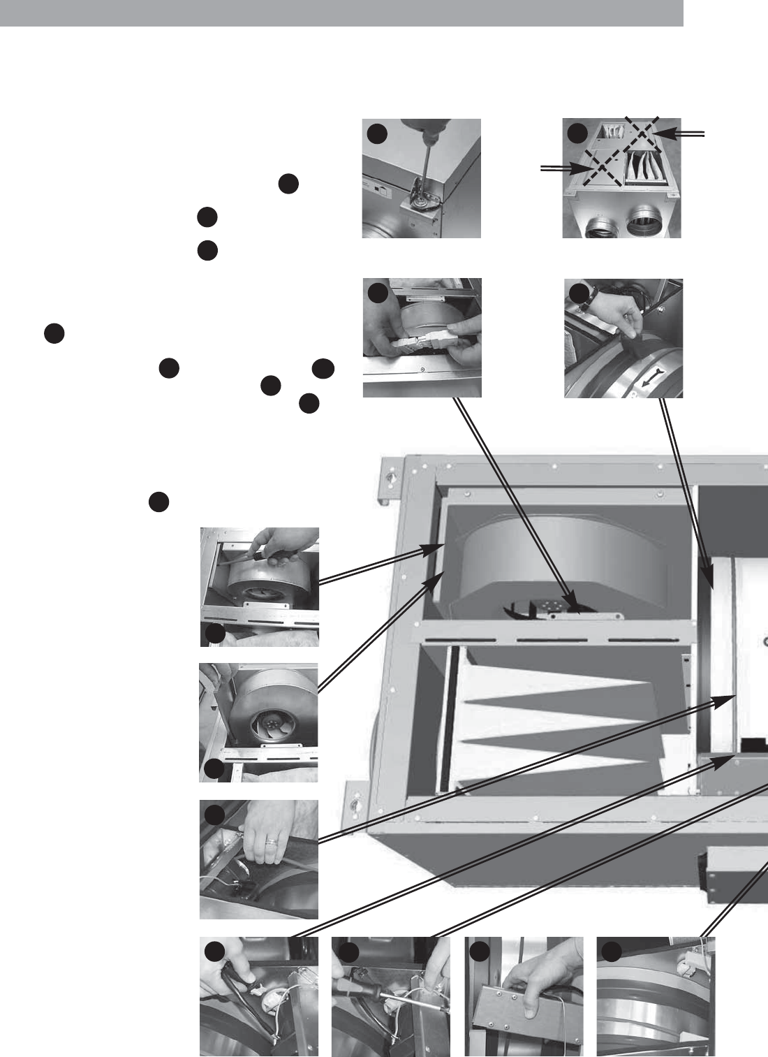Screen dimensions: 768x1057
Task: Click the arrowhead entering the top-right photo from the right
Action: point(663,132)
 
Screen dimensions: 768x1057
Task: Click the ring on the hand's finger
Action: point(269,844)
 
